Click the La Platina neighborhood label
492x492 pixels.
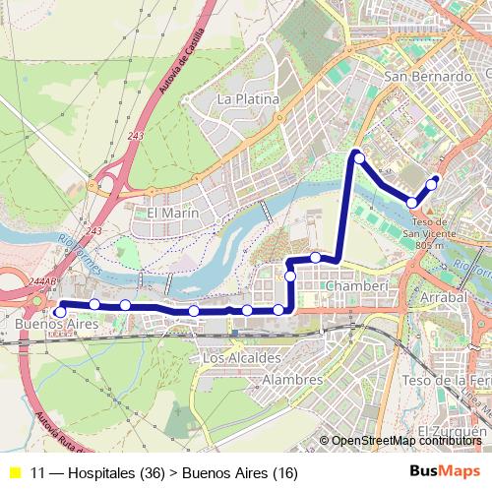(x=248, y=99)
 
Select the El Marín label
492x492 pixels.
(x=173, y=213)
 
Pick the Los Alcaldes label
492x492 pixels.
(x=241, y=359)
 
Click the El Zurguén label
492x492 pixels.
(x=452, y=432)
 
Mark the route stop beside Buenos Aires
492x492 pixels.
(x=60, y=312)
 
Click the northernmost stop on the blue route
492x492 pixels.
(x=359, y=157)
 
